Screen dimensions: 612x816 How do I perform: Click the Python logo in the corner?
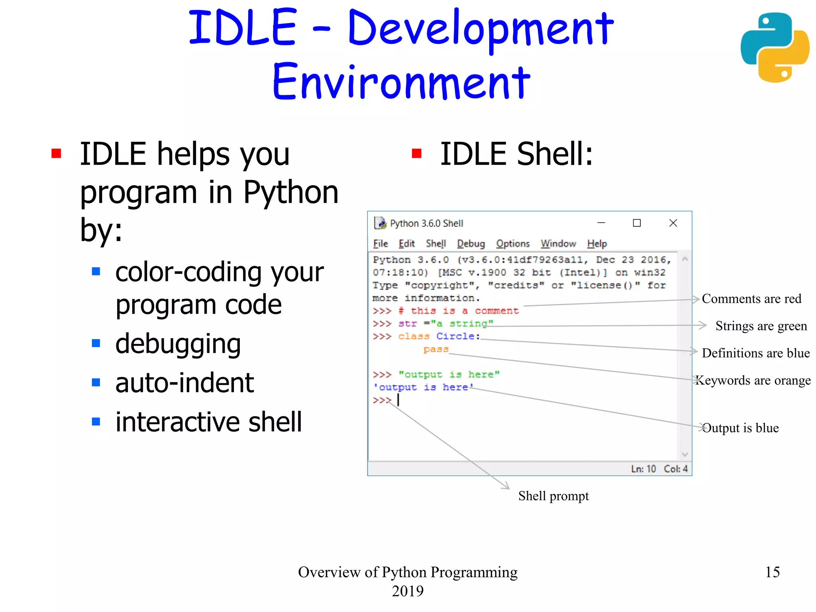(x=775, y=47)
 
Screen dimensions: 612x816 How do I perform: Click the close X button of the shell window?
(x=673, y=223)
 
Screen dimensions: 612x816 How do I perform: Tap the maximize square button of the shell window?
(x=637, y=223)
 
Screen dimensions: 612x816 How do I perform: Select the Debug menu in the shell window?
(x=471, y=243)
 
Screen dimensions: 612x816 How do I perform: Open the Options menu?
(x=513, y=243)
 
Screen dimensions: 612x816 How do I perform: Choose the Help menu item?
(x=596, y=243)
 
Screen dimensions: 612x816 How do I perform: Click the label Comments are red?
(x=751, y=299)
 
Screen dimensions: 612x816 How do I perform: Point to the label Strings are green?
(x=761, y=326)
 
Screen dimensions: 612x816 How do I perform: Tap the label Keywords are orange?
(x=753, y=380)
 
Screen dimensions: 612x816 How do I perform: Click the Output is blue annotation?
(x=740, y=428)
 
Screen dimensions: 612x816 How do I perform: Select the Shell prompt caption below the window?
(x=553, y=496)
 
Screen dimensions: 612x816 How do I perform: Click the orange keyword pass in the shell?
(x=435, y=349)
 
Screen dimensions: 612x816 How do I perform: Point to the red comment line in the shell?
(x=458, y=311)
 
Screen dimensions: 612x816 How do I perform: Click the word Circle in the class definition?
(x=455, y=336)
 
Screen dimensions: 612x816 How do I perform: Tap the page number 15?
(x=772, y=572)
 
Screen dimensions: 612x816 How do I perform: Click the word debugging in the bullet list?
(x=178, y=343)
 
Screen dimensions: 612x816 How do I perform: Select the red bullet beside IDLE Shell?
(x=416, y=153)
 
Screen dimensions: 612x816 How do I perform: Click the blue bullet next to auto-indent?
(x=96, y=382)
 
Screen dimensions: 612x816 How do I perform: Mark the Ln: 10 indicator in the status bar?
(x=643, y=469)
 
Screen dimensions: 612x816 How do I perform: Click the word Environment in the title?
(x=401, y=82)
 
